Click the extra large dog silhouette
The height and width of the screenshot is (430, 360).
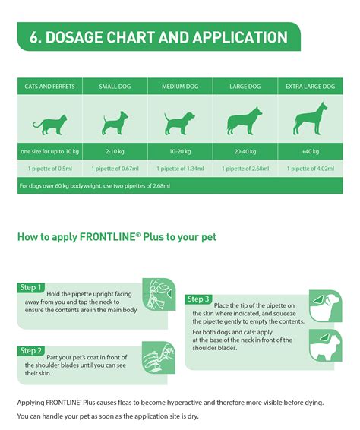point(310,120)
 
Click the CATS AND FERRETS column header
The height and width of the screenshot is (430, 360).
point(49,87)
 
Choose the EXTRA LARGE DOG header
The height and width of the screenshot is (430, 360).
point(310,87)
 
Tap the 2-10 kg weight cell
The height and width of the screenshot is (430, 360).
point(114,152)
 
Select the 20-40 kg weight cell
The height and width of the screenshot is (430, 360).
point(245,152)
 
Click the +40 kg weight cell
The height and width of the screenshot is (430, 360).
point(310,152)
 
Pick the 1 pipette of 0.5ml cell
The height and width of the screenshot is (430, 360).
point(49,168)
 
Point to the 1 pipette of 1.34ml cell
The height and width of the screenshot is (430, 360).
point(179,168)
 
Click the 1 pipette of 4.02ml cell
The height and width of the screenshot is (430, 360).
point(310,168)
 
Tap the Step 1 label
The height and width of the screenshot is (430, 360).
point(30,287)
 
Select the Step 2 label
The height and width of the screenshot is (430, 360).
point(30,351)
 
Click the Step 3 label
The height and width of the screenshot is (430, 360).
point(198,299)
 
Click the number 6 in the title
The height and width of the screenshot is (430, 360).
point(35,37)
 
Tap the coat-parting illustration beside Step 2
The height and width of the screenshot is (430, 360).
point(160,350)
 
